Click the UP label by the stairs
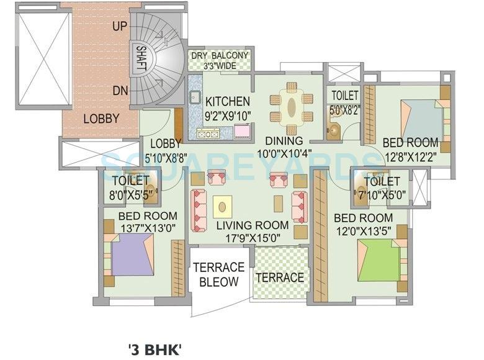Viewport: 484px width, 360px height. pyautogui.click(x=121, y=27)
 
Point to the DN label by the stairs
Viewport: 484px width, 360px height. pyautogui.click(x=120, y=91)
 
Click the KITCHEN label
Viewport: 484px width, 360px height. pyautogui.click(x=228, y=101)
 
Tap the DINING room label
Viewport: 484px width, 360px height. pyautogui.click(x=284, y=140)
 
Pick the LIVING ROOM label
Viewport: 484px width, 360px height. pyautogui.click(x=253, y=225)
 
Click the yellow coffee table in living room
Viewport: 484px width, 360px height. pyautogui.click(x=222, y=205)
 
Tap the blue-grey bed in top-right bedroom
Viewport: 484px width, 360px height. pyautogui.click(x=421, y=119)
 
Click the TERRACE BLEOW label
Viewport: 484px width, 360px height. pyautogui.click(x=218, y=274)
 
